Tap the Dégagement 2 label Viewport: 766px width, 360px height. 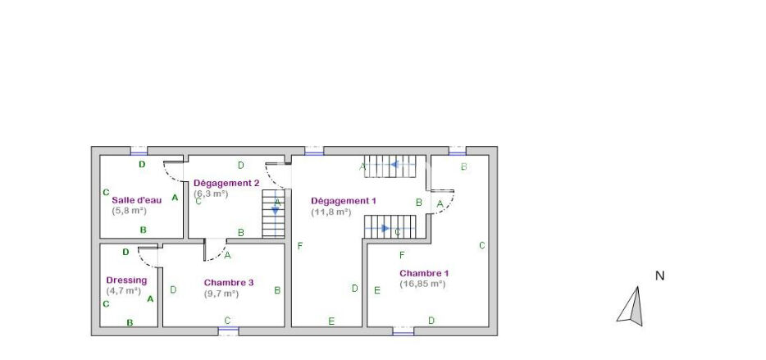click(226, 183)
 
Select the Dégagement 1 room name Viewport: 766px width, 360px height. click(344, 201)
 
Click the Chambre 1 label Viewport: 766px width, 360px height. click(424, 273)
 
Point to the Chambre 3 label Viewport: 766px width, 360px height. click(229, 282)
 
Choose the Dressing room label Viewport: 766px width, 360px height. click(126, 280)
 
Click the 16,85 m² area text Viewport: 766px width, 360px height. click(422, 283)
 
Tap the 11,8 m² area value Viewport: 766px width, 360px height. click(331, 212)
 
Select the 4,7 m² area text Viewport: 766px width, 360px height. click(124, 290)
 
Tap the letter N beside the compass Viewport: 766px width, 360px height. click(659, 276)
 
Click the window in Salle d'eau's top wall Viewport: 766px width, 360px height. click(139, 151)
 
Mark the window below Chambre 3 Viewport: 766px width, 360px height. click(228, 331)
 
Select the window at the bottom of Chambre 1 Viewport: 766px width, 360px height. click(403, 331)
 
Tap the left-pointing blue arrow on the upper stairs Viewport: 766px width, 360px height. click(402, 164)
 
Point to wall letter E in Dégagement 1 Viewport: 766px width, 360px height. click(331, 321)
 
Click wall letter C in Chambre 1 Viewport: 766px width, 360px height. click(481, 246)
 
